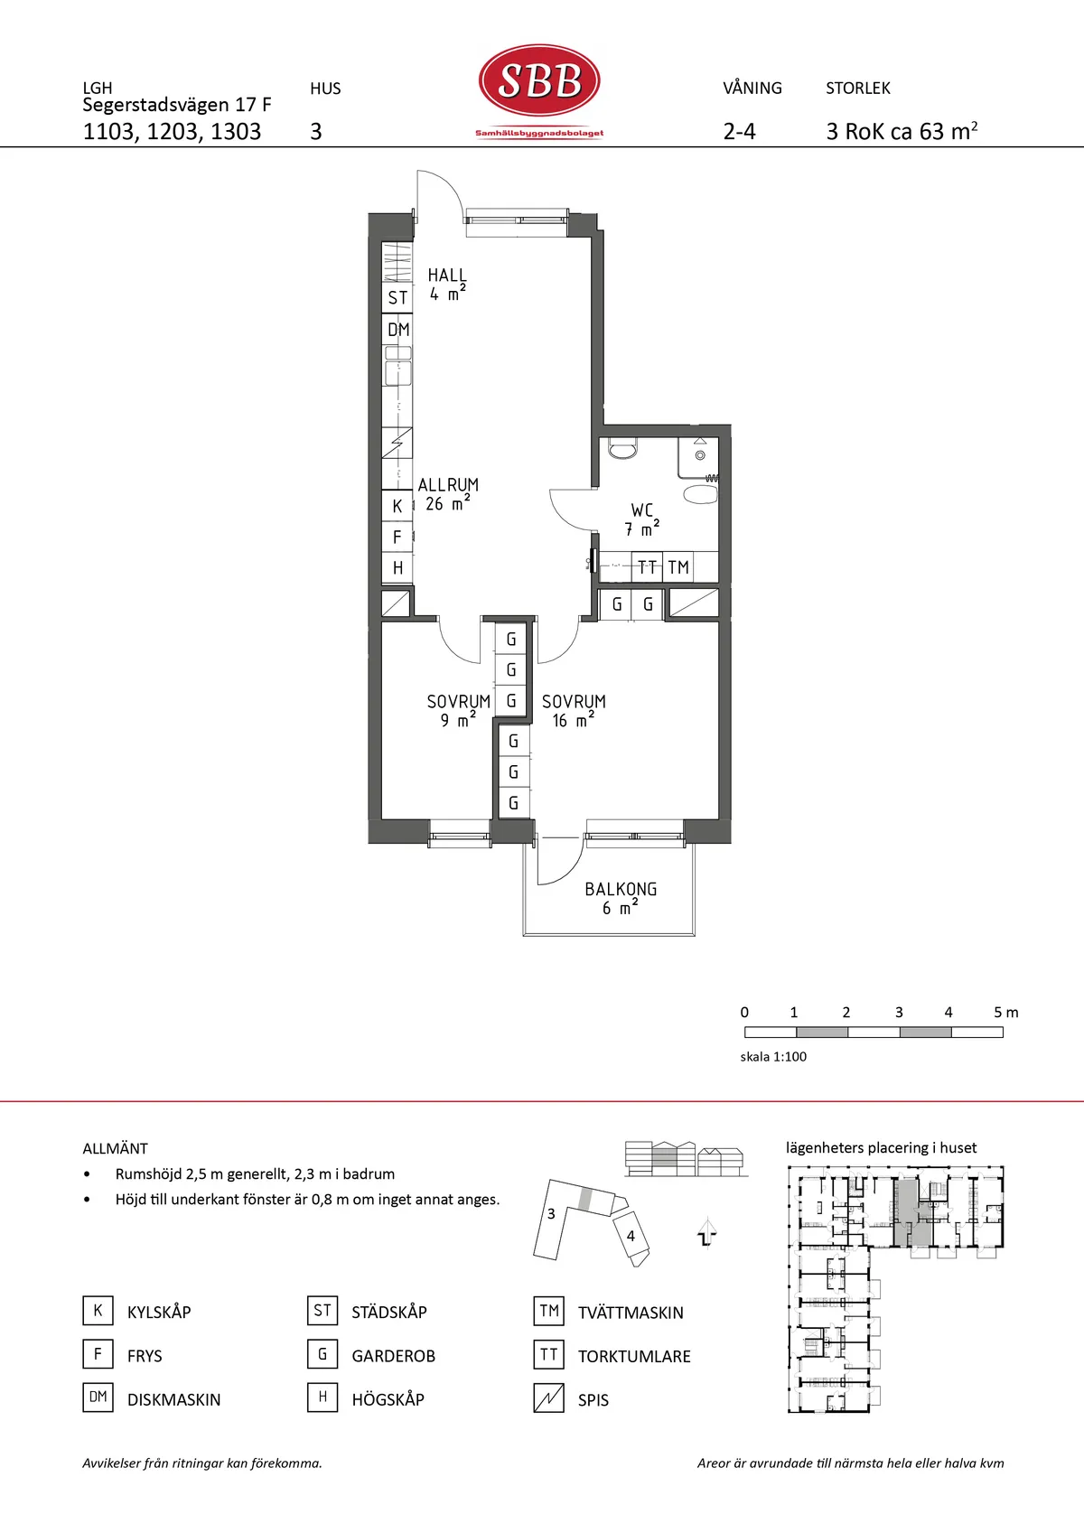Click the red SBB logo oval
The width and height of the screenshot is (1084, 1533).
pyautogui.click(x=539, y=80)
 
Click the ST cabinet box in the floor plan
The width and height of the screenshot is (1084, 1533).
pyautogui.click(x=397, y=298)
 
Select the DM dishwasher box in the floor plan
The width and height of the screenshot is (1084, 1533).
pyautogui.click(x=397, y=330)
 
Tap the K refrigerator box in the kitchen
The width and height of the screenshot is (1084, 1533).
pyautogui.click(x=397, y=506)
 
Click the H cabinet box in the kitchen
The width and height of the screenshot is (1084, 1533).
pyautogui.click(x=397, y=567)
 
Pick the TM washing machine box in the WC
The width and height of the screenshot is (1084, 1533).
pyautogui.click(x=678, y=566)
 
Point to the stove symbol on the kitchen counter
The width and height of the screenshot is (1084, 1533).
pyautogui.click(x=397, y=443)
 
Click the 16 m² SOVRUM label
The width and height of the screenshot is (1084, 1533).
pyautogui.click(x=574, y=711)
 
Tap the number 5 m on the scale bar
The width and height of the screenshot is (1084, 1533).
pyautogui.click(x=1006, y=1012)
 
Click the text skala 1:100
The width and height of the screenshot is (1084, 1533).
pyautogui.click(x=773, y=1057)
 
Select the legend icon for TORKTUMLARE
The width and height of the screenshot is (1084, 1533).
pyautogui.click(x=548, y=1354)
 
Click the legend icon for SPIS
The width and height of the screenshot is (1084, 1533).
pyautogui.click(x=548, y=1398)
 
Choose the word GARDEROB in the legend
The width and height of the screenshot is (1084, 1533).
pyautogui.click(x=394, y=1356)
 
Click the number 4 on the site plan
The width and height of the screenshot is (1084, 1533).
pyautogui.click(x=631, y=1236)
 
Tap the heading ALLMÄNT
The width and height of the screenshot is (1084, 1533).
pyautogui.click(x=115, y=1148)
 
